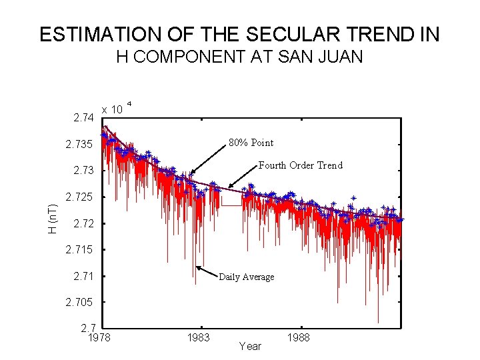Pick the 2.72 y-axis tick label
83,223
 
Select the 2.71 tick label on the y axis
83,276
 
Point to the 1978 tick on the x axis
99,338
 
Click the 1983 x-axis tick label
198,338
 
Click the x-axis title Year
250,346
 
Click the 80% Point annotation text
251,143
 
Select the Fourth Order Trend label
300,165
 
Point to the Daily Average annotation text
246,277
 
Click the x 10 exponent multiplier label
111,109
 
